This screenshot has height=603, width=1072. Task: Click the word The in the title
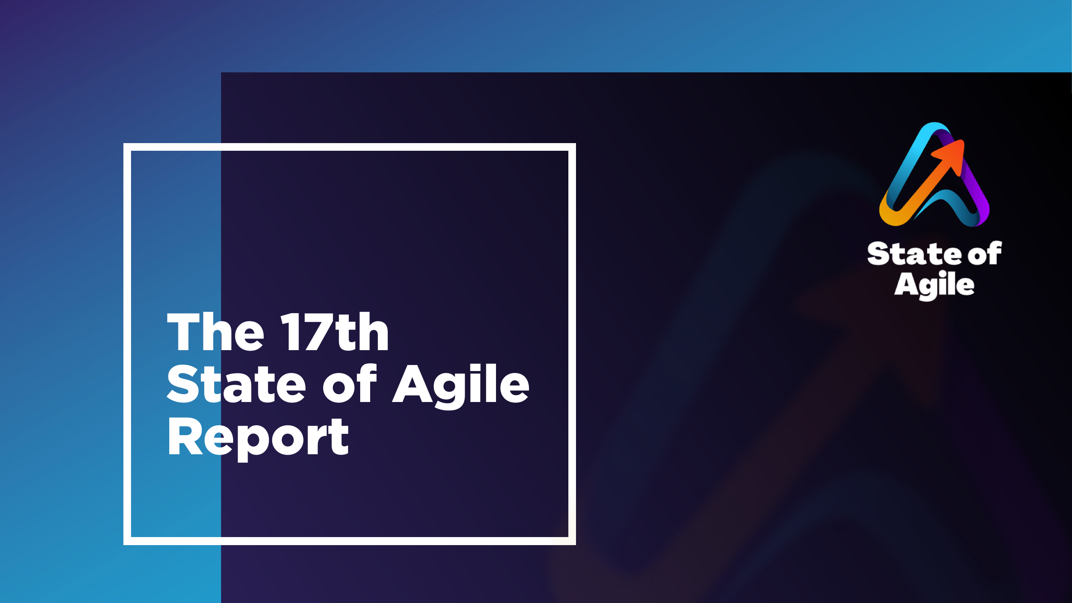[215, 332]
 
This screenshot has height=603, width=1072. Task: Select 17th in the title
[334, 332]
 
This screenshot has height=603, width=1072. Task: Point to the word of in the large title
[350, 383]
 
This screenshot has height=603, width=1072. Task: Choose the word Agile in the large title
[461, 386]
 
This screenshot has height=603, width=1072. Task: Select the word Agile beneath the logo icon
[934, 285]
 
